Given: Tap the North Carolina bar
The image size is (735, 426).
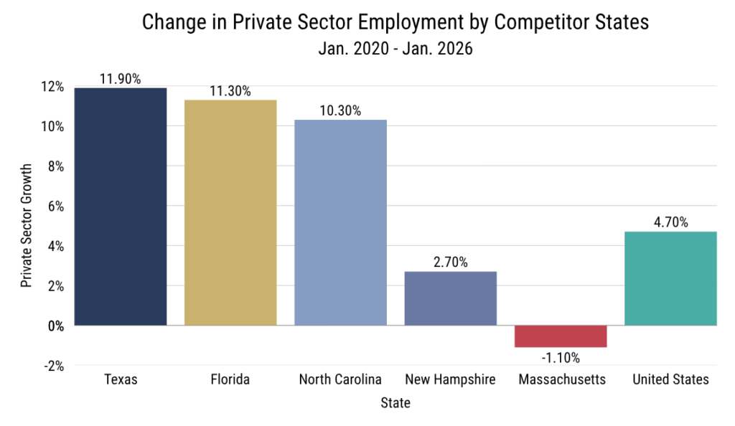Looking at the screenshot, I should click(x=340, y=222).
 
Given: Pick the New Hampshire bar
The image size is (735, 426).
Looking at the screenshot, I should click(x=450, y=298).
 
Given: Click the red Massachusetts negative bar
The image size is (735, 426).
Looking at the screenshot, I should click(x=561, y=336).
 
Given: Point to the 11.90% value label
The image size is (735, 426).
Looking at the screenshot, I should click(x=121, y=78).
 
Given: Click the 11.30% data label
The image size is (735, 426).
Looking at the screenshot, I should click(x=230, y=91).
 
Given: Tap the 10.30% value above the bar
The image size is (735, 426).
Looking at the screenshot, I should click(x=340, y=110).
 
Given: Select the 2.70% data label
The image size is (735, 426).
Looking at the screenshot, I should click(x=450, y=262).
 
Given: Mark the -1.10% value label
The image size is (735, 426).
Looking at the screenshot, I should click(x=561, y=357).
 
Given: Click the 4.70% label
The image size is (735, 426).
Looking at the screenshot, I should click(x=670, y=222).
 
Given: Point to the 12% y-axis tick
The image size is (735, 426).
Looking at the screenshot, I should click(x=53, y=87).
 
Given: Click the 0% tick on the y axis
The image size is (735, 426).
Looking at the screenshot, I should click(x=56, y=326).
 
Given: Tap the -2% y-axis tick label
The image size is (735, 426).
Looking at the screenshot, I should click(x=54, y=366).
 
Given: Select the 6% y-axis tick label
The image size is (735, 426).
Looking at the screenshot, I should click(x=56, y=207).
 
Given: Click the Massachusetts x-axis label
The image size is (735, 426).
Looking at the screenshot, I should click(x=561, y=379).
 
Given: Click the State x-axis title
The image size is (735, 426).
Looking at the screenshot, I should click(x=395, y=404).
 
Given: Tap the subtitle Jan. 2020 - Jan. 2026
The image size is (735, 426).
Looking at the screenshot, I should click(x=395, y=50).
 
